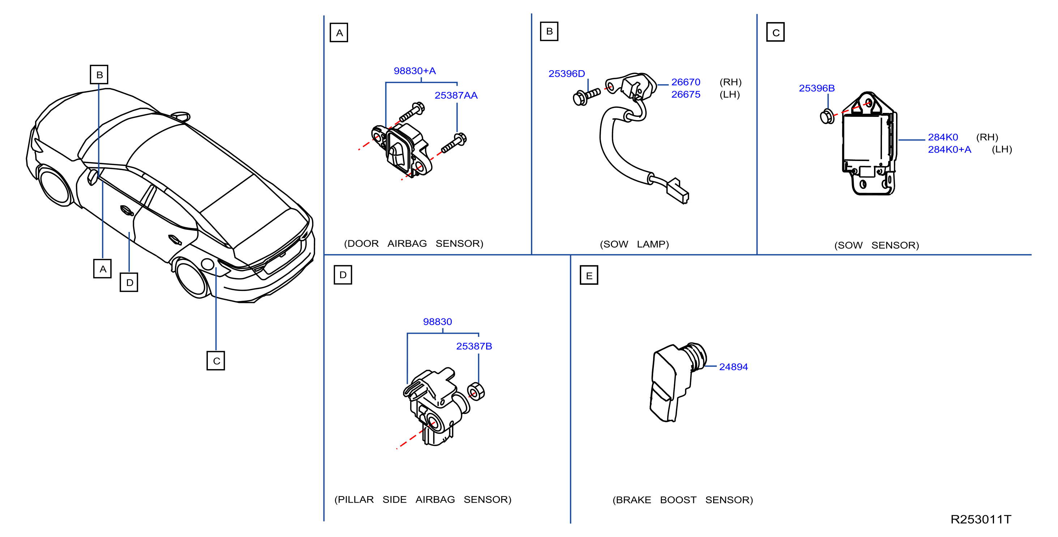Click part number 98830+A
point(414,71)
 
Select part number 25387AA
point(456,96)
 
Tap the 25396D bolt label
point(566,73)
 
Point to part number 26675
point(685,94)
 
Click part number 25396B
point(817,88)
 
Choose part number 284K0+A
point(950,150)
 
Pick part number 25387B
point(474,346)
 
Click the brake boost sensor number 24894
point(733,367)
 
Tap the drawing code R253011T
point(981,519)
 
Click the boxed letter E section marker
point(589,275)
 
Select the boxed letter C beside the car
point(216,361)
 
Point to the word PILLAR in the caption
point(356,500)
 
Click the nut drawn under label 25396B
point(827,117)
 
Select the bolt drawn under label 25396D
point(587,97)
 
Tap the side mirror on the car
point(93,176)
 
